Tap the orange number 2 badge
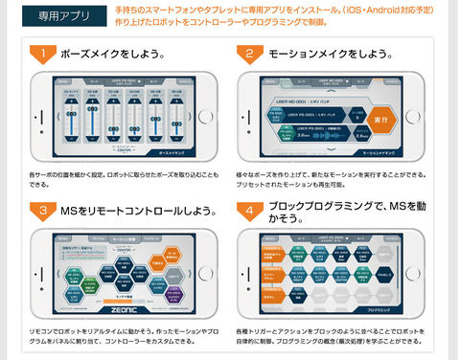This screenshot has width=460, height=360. [249, 53]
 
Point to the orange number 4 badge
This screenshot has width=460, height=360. [249, 210]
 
